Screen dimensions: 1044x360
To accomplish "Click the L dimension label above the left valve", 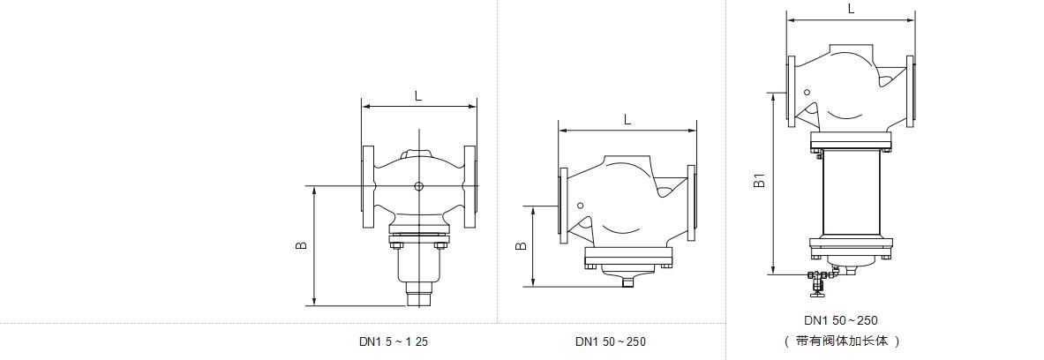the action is click(x=418, y=96).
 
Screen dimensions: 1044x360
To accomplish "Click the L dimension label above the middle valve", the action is click(x=627, y=120).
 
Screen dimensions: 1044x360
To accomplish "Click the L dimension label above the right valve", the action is click(x=851, y=9).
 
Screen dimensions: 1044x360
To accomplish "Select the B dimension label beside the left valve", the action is click(x=302, y=245).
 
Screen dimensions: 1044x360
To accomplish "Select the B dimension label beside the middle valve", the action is click(x=522, y=245).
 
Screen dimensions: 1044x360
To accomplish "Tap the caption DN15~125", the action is click(x=394, y=342).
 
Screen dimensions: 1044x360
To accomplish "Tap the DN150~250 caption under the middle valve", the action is click(x=611, y=342).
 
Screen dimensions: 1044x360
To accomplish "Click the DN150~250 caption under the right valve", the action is click(x=841, y=321).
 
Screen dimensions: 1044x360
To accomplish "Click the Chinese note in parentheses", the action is click(x=842, y=341).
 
